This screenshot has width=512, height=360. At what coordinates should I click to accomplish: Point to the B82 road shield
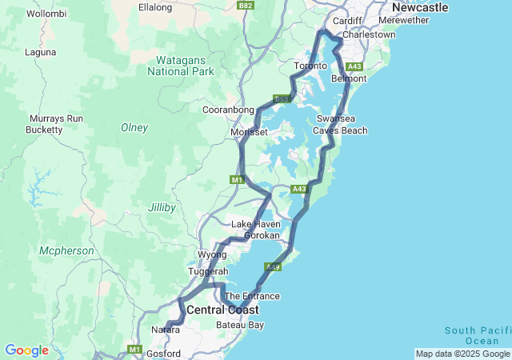click(x=246, y=6)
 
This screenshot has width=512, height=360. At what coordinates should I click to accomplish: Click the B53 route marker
click(x=281, y=99)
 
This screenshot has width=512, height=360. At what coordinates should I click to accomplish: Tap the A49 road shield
click(x=273, y=267)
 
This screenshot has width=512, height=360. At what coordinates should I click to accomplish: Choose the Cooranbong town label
click(x=228, y=110)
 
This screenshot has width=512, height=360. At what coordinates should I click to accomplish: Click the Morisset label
click(x=248, y=132)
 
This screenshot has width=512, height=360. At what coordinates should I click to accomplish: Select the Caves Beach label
click(x=340, y=130)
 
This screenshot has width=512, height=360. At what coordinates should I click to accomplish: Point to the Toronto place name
click(x=311, y=66)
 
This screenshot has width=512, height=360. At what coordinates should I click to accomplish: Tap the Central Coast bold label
click(x=223, y=310)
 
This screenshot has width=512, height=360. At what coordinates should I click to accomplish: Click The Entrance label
click(x=253, y=296)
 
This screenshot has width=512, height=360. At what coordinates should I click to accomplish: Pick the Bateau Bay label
click(x=240, y=326)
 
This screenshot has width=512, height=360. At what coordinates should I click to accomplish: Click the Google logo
click(x=26, y=350)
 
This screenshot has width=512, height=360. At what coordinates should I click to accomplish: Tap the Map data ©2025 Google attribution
click(x=462, y=354)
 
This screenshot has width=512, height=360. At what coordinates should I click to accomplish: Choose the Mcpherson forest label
click(x=66, y=251)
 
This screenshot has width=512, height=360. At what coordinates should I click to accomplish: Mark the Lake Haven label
click(x=256, y=224)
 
